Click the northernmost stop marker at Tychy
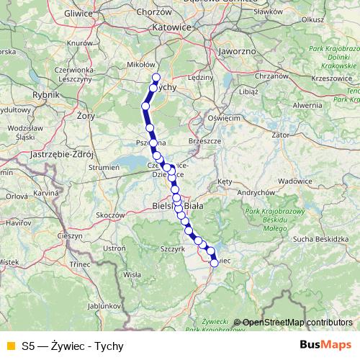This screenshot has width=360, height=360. [156, 77]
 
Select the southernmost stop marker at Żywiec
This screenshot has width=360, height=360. [214, 263]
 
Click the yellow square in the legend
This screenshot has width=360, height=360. [10, 346]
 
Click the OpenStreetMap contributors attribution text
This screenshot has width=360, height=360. [297, 323]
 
